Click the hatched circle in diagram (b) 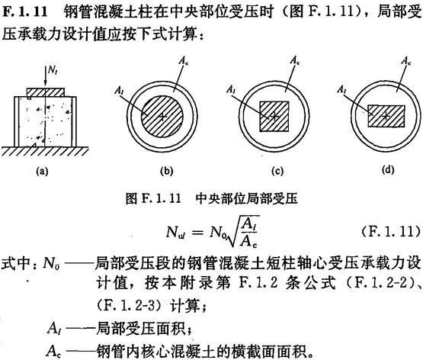pyautogui.click(x=162, y=116)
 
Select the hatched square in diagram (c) pyautogui.click(x=274, y=116)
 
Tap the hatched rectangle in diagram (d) pyautogui.click(x=386, y=116)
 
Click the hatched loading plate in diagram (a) pyautogui.click(x=46, y=92)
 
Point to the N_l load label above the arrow pyautogui.click(x=53, y=70)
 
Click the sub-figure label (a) pyautogui.click(x=42, y=171)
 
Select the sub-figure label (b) pyautogui.click(x=166, y=171)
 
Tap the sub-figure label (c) pyautogui.click(x=278, y=171)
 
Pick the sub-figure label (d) pyautogui.click(x=388, y=170)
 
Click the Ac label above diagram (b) pyautogui.click(x=184, y=61)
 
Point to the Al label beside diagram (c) pyautogui.click(x=231, y=88)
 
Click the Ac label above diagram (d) pyautogui.click(x=405, y=61)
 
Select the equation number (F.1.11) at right pyautogui.click(x=391, y=232)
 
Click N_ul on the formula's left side pyautogui.click(x=175, y=232)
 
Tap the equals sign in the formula pyautogui.click(x=197, y=232)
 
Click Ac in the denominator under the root pyautogui.click(x=248, y=242)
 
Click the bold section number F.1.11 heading pyautogui.click(x=25, y=11)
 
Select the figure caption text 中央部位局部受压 pyautogui.click(x=247, y=198)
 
